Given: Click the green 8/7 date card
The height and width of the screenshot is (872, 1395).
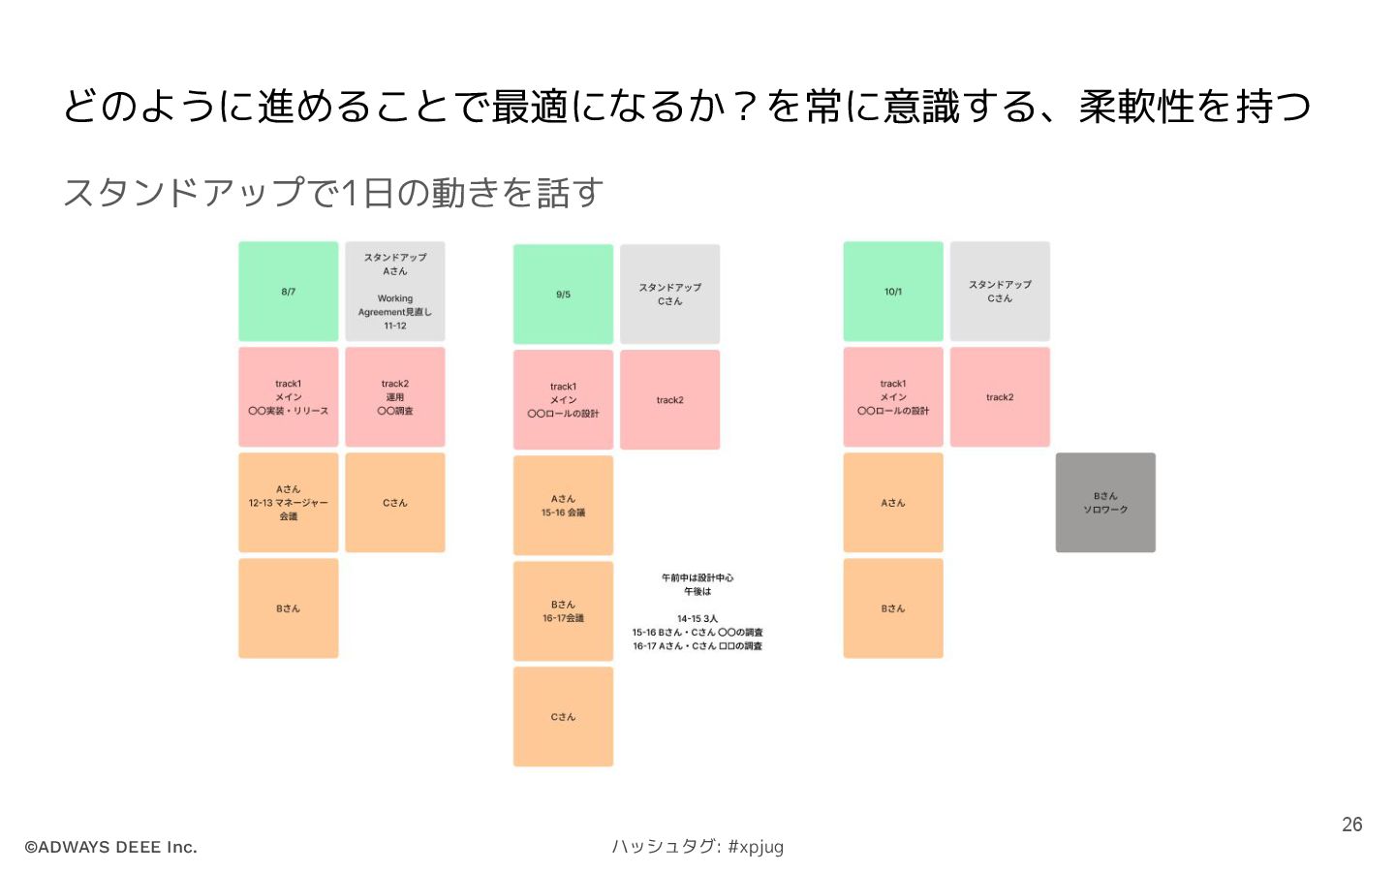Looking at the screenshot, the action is pos(289,292).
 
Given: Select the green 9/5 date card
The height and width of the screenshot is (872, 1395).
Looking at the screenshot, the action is pos(563,295).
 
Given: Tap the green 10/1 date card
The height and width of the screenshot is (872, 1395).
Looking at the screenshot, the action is pos(892,292).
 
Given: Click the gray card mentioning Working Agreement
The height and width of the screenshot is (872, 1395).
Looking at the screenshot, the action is pos(395,292).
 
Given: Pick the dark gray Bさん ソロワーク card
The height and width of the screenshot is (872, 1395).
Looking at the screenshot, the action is pos(1105,503).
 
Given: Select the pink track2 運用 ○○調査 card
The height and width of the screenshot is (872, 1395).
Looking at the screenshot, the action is pos(395,397).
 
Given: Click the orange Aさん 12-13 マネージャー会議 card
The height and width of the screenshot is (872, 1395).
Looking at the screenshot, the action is pos(289,503).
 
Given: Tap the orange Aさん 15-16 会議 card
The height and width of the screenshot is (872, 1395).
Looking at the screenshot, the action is pos(563,506).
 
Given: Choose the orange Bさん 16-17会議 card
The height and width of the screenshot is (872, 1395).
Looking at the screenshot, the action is pos(563,611).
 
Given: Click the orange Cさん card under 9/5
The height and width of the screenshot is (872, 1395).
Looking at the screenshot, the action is pos(563,717).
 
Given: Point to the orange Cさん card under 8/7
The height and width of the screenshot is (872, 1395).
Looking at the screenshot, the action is pos(395,503).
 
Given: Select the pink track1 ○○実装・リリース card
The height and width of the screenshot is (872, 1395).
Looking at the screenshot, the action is pos(289,397).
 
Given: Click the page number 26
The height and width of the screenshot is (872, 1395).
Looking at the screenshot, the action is pos(1351,825).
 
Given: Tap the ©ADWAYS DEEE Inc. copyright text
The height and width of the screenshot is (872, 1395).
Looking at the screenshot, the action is pos(110,847).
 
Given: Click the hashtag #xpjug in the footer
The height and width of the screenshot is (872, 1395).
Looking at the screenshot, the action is pos(756,847).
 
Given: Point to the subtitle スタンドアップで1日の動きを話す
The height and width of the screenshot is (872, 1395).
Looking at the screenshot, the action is pos(333,193).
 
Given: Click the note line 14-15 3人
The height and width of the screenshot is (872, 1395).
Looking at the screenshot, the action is pos(697,618).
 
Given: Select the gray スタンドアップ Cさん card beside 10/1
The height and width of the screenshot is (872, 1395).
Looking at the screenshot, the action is pos(1000,292).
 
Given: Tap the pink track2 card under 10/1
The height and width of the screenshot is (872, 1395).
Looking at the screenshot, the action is pos(1000,397).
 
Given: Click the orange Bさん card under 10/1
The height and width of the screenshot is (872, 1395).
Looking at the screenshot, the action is pos(892,608).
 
